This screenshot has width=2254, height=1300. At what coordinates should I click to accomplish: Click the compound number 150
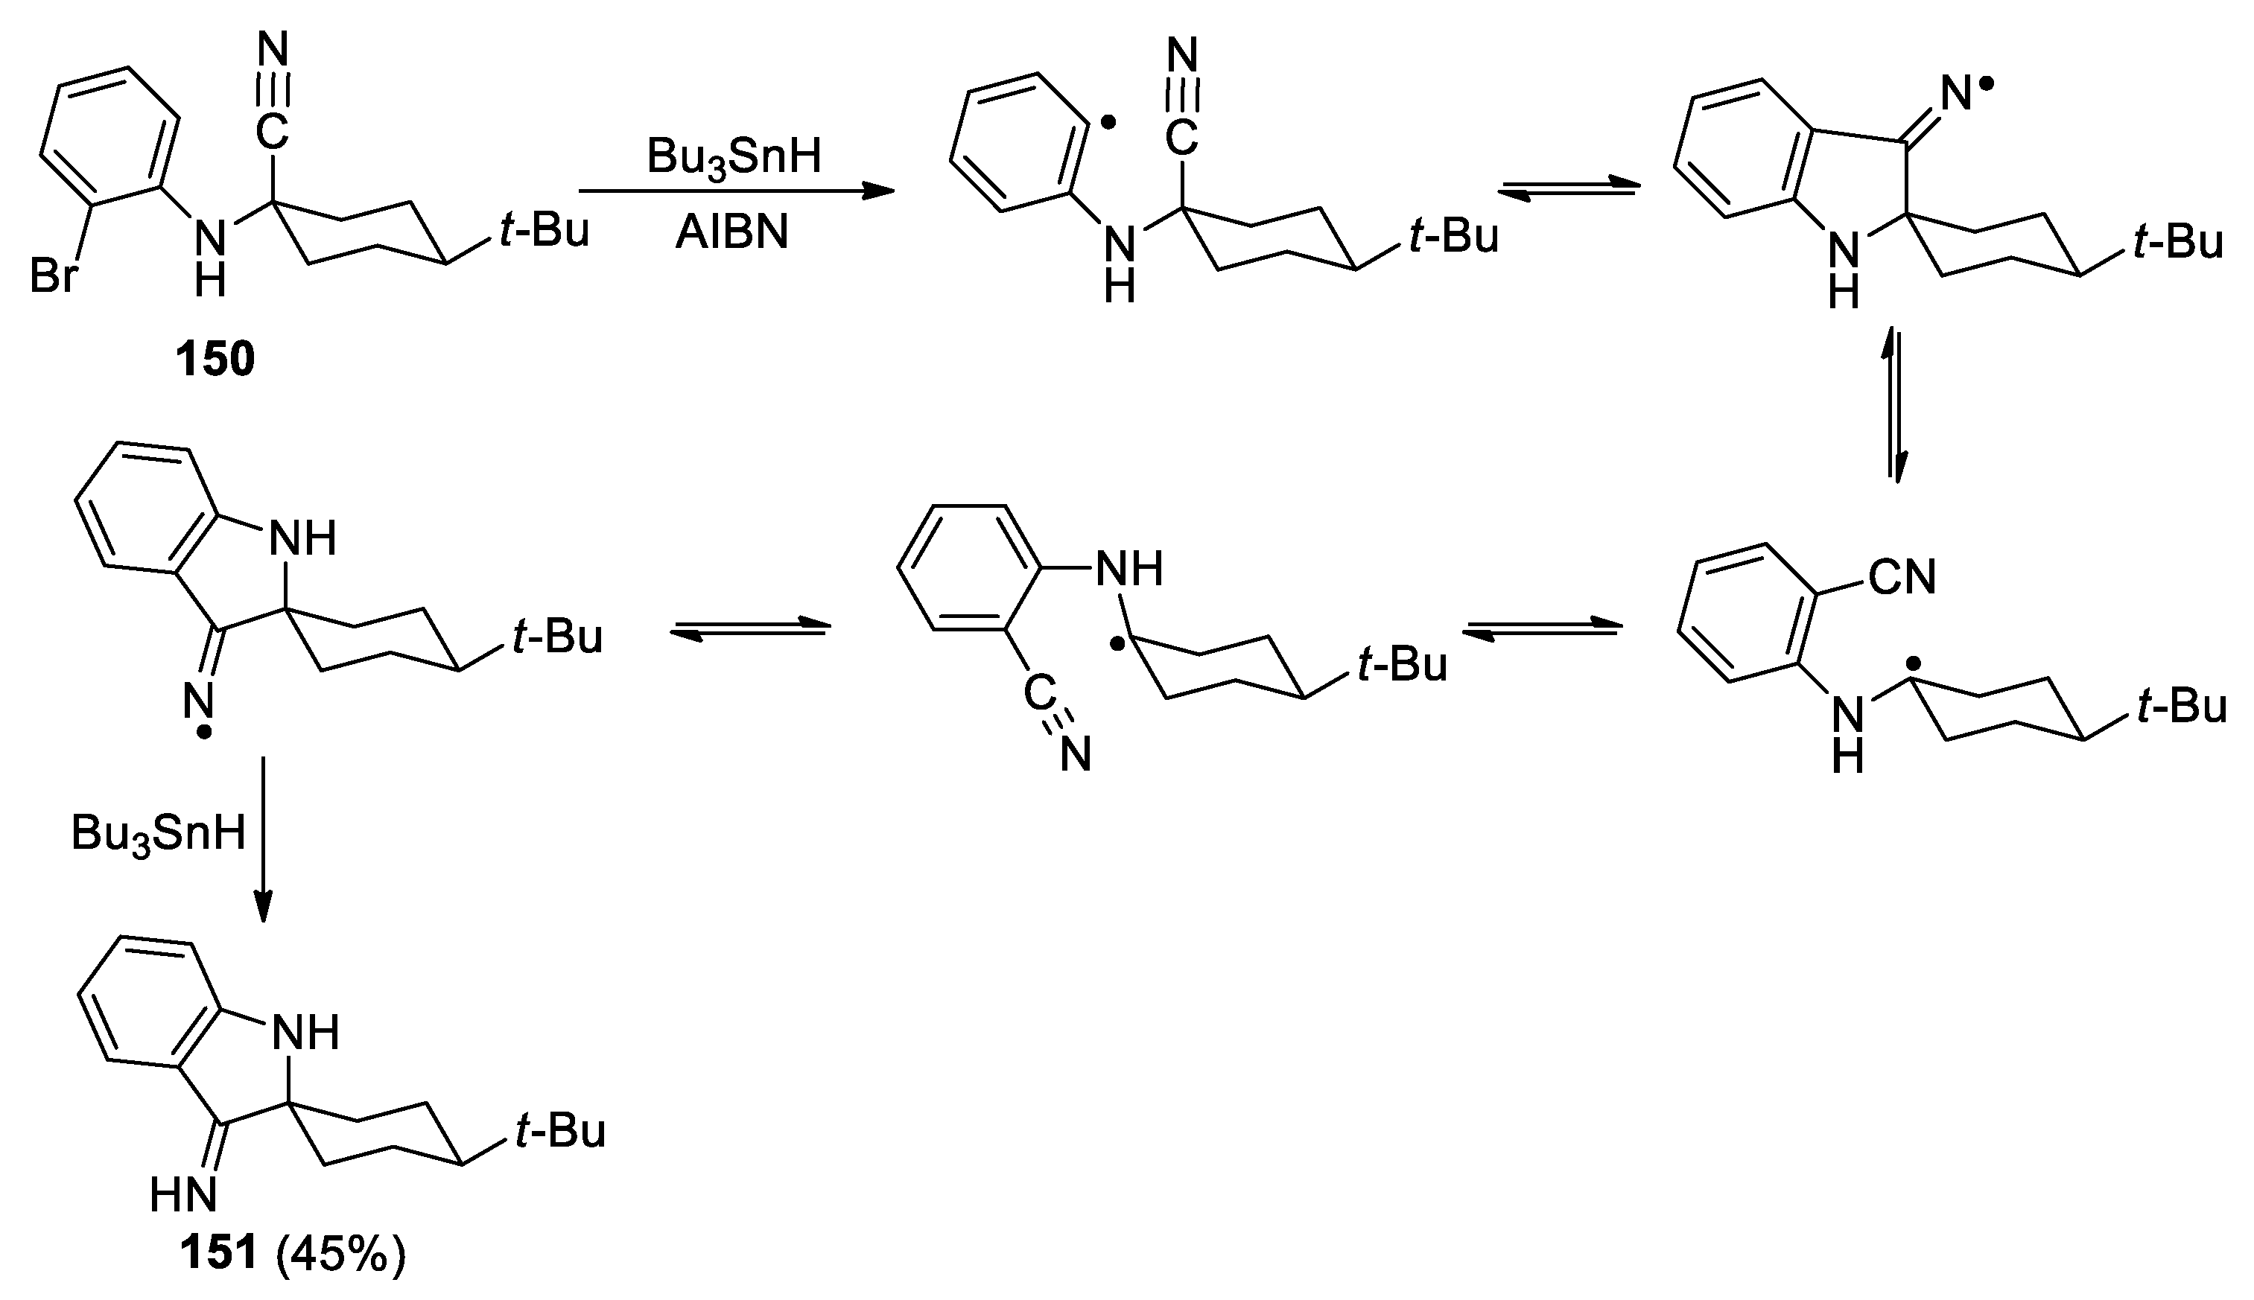click(x=215, y=360)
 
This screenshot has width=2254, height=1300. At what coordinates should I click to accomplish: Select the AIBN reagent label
click(x=732, y=234)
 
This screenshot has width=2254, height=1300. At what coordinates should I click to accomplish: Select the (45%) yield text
click(x=340, y=1255)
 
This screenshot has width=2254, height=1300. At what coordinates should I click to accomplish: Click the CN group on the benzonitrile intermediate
click(x=1902, y=578)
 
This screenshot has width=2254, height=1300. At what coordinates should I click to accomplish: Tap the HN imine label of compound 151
click(x=184, y=1194)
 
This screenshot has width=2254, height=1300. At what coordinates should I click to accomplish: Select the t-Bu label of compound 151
click(x=561, y=1130)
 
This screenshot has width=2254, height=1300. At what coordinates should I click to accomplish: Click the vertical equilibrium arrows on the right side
click(x=1896, y=407)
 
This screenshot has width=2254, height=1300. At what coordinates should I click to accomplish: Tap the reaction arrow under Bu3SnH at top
click(x=736, y=190)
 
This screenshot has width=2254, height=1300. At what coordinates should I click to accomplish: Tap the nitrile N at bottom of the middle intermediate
click(x=1076, y=756)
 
